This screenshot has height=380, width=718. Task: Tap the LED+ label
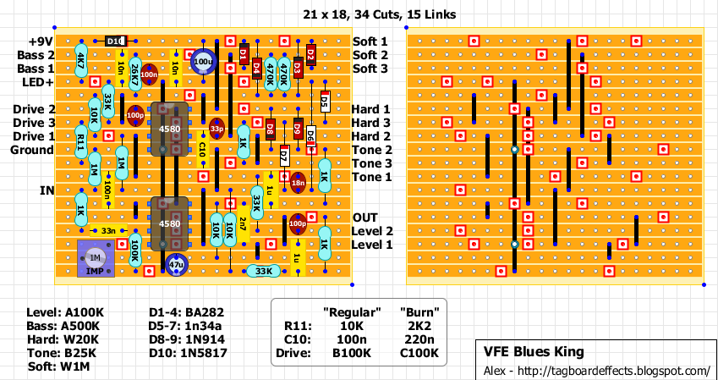pos(36,82)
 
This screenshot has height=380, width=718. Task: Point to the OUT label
pos(365,218)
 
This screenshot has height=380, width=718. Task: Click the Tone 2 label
pos(372,150)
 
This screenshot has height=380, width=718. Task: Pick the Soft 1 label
pos(370,41)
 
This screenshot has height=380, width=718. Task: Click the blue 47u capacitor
pos(176,265)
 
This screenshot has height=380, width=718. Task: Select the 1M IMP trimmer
pos(96,258)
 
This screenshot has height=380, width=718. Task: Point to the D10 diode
pos(115,41)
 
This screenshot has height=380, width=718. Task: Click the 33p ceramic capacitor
pos(216,129)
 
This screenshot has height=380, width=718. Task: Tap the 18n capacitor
pos(298,182)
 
